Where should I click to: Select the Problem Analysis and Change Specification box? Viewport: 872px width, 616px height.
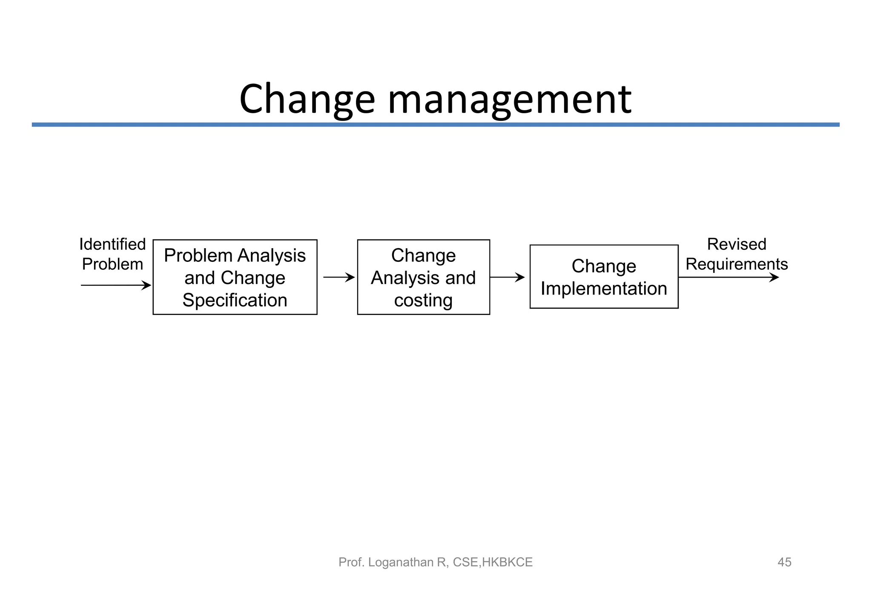point(235,277)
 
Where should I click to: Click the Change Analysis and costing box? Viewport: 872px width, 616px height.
point(423,277)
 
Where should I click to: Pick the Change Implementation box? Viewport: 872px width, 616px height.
point(603,277)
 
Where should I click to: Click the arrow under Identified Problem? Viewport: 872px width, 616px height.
point(116,285)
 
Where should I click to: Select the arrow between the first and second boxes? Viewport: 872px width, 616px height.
point(338,278)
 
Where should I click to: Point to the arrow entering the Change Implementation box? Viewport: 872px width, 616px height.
point(507,278)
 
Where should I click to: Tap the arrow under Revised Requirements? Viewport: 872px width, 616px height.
point(728,278)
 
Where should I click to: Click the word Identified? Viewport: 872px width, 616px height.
point(112,244)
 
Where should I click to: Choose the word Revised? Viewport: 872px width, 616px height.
point(736,244)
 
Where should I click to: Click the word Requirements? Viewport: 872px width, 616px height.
point(736,264)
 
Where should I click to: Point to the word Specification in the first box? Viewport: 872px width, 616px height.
point(235,300)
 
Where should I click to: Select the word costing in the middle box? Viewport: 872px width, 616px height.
point(423,300)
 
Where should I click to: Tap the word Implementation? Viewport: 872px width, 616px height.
point(603,289)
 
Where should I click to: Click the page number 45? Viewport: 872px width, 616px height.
point(784,562)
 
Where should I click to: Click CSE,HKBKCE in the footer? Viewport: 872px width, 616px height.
point(493,562)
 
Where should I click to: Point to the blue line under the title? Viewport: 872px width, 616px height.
point(435,125)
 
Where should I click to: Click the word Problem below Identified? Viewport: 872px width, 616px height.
point(112,264)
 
